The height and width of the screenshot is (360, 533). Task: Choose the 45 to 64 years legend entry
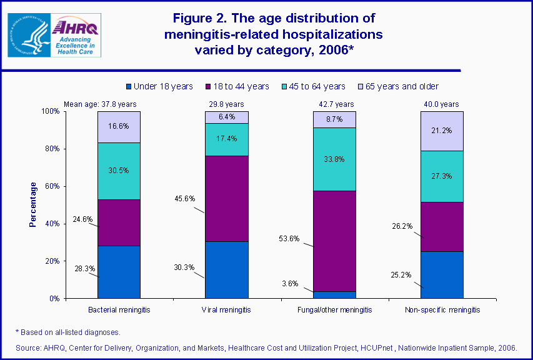click(316, 86)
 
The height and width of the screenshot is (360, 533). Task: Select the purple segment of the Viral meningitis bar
click(226, 198)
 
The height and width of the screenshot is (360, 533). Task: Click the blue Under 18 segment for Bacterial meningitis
click(119, 272)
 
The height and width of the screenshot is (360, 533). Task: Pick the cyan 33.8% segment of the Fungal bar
click(334, 159)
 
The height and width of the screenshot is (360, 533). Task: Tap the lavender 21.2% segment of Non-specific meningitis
click(441, 131)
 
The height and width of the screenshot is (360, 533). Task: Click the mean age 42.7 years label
click(334, 104)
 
